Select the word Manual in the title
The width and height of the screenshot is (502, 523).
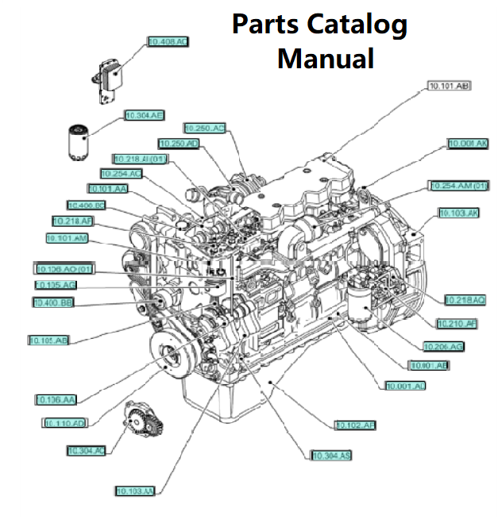326,58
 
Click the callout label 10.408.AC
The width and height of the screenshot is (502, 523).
168,42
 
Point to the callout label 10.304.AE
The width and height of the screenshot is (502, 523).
144,116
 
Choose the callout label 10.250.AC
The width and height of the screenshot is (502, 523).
205,128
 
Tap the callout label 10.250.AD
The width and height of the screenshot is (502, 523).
179,144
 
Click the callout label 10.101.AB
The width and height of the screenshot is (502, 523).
450,86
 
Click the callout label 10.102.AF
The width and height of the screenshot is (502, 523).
355,426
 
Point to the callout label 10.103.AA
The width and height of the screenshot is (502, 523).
134,490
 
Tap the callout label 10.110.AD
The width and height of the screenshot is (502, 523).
64,424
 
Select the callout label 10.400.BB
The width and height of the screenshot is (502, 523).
54,302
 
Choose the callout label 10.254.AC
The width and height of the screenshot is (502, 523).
122,173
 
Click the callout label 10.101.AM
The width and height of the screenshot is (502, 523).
67,238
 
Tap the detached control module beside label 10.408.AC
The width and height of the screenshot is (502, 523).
109,79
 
